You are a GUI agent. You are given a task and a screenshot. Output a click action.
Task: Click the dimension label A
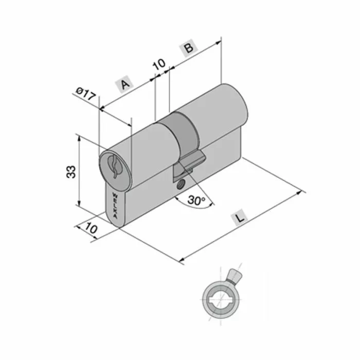(124, 84)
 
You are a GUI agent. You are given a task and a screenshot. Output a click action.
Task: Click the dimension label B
(188, 48)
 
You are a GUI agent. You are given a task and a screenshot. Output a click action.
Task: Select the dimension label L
(240, 219)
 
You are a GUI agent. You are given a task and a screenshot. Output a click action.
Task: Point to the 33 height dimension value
(71, 171)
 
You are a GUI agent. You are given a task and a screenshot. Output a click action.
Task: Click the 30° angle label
(196, 200)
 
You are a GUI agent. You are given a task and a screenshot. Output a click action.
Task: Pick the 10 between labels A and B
(159, 64)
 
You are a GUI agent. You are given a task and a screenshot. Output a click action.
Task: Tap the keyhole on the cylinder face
(114, 166)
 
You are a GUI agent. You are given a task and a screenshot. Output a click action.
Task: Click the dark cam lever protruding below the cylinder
(188, 164)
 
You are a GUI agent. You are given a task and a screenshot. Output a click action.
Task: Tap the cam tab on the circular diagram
(234, 276)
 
